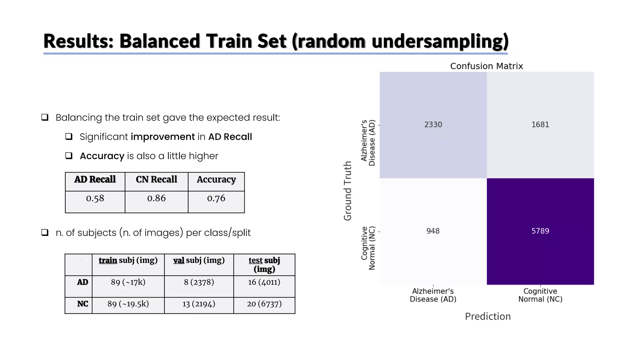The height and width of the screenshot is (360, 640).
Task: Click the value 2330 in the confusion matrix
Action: point(433,125)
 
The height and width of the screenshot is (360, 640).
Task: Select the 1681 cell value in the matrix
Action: point(540,125)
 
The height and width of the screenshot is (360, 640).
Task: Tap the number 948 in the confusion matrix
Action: point(433,231)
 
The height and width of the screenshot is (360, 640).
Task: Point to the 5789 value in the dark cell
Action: point(540,231)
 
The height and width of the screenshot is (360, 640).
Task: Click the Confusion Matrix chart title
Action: point(486,66)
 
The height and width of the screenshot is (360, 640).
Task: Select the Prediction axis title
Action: point(487,316)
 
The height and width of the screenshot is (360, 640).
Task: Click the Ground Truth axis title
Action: point(348,191)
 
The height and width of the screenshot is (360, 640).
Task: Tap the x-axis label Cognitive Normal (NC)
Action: point(540,295)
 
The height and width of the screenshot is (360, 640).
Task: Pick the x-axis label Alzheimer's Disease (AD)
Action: point(433,295)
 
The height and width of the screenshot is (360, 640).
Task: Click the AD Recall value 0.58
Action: point(95,198)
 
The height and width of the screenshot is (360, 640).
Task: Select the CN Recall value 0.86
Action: point(156,198)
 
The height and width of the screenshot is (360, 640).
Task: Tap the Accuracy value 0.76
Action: point(216,198)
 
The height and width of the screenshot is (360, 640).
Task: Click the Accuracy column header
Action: point(216,179)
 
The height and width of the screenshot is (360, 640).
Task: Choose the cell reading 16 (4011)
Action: point(264,282)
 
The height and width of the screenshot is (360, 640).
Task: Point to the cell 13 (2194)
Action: point(199,304)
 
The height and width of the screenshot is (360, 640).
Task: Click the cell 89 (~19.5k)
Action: point(128,304)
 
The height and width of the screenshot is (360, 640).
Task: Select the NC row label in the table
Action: point(82,304)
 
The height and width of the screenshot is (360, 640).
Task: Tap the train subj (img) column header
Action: point(128,260)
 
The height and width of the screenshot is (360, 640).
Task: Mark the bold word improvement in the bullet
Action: point(162,137)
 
